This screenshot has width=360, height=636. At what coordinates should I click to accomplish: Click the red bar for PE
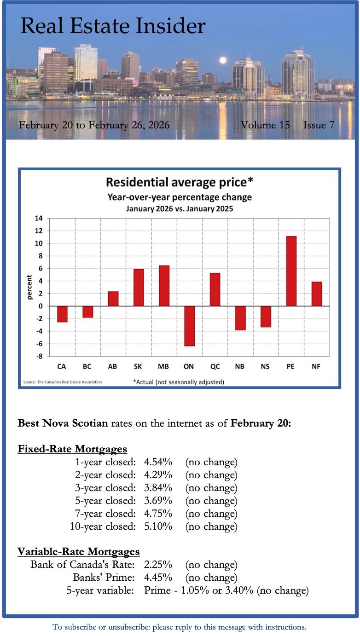point(291,271)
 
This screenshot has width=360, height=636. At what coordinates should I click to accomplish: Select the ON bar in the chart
point(189,326)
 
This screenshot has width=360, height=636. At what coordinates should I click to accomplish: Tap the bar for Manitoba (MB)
point(164,286)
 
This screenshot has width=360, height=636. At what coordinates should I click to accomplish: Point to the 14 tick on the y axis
point(39,218)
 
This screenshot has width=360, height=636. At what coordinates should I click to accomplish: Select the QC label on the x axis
point(215,366)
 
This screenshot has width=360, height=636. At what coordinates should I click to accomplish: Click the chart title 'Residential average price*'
point(180,182)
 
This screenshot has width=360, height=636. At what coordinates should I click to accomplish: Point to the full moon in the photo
point(223,60)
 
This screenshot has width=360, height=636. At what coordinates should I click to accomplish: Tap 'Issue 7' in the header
point(319,125)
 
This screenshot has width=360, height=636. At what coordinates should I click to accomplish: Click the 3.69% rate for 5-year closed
point(158,501)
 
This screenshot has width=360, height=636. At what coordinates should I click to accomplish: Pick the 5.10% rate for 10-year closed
point(158,526)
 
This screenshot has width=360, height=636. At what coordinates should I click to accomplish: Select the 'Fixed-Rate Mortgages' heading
point(72,449)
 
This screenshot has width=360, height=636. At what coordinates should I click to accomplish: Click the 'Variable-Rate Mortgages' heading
point(78,551)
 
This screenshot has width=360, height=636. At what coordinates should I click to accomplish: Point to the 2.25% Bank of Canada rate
point(158,565)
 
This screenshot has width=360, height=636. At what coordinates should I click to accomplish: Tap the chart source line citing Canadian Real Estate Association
point(62,382)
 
